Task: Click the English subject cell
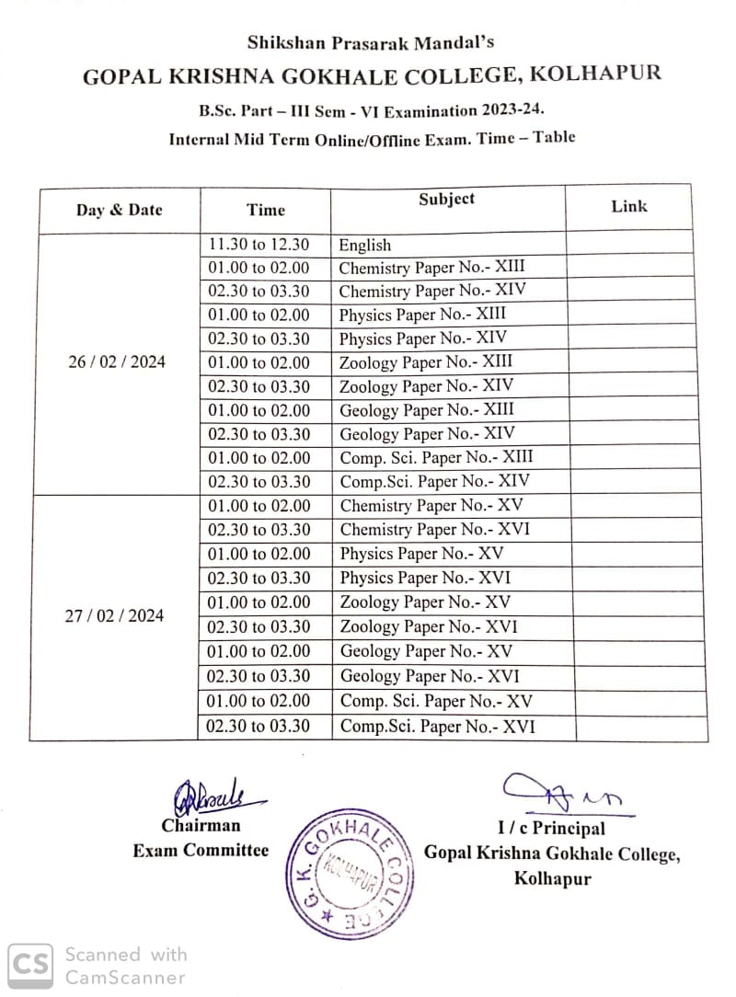365,245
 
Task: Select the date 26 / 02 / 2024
117,361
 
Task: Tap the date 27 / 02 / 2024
114,616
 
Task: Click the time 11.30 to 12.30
259,245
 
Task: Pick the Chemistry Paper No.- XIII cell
431,268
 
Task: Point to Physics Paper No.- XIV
422,338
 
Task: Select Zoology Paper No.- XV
426,602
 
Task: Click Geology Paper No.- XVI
430,676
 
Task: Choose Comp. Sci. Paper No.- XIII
436,457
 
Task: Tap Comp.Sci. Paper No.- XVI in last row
437,727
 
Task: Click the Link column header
629,207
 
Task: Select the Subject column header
447,199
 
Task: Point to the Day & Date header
119,210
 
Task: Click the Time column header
266,210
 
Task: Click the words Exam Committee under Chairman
201,850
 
